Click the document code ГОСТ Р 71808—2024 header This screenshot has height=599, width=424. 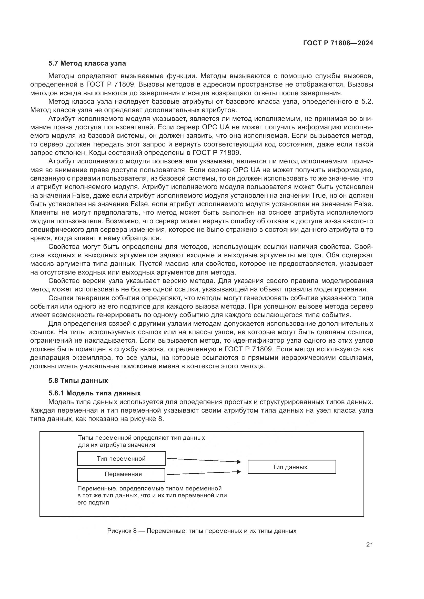click(x=338, y=43)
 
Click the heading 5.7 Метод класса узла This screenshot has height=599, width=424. click(x=87, y=64)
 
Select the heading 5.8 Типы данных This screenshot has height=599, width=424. click(x=78, y=381)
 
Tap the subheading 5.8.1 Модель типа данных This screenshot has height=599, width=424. click(x=95, y=393)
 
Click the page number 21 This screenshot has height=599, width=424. click(x=369, y=545)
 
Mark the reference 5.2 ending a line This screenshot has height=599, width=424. click(x=367, y=102)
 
